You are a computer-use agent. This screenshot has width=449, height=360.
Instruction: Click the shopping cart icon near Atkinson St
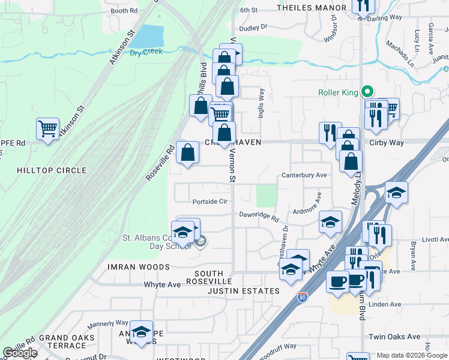point(47,128)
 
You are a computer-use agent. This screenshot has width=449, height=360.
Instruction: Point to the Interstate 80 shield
point(303,297)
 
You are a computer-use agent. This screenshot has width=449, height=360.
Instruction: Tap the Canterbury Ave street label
point(304,175)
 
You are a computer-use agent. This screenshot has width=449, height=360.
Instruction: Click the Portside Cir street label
point(209,202)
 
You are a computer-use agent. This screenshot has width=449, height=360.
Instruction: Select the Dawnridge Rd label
point(259,215)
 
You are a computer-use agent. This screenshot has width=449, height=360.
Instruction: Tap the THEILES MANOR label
point(312,8)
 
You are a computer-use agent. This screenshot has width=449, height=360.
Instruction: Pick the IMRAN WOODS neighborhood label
point(139,266)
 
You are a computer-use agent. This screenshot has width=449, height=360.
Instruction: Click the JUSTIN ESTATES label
point(244,291)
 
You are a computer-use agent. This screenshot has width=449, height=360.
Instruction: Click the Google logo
point(20,353)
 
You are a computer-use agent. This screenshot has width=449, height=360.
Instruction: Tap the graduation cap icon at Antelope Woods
point(141,332)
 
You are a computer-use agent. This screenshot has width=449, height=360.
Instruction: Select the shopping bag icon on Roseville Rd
point(188,152)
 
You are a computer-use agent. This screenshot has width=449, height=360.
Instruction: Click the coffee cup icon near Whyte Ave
point(338,281)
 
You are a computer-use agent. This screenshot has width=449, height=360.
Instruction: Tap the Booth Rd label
point(124,11)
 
